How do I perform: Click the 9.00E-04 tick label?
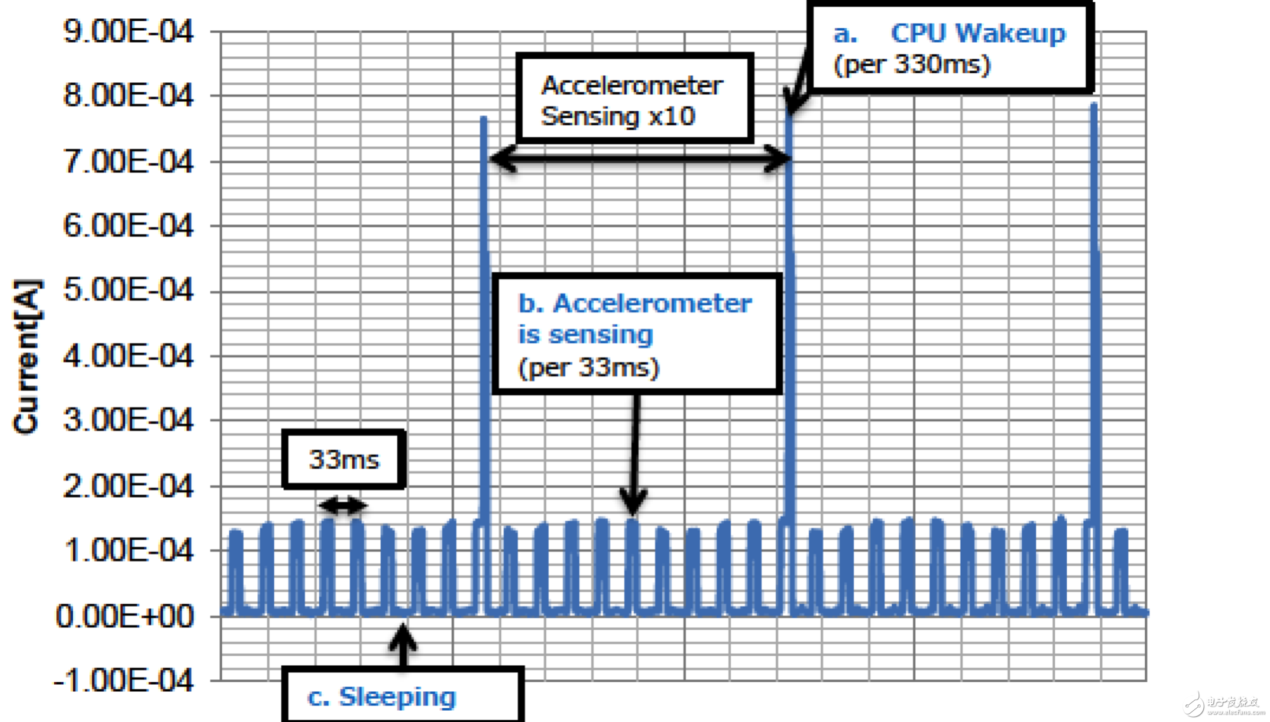click(x=128, y=31)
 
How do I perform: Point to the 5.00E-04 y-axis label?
click(x=128, y=291)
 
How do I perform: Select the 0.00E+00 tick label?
click(x=125, y=616)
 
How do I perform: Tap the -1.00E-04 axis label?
click(x=124, y=681)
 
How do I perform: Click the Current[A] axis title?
click(x=27, y=357)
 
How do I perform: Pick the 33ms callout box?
click(x=344, y=459)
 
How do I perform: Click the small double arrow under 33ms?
click(x=343, y=505)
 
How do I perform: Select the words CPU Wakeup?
click(x=978, y=33)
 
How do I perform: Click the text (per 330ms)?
click(x=912, y=64)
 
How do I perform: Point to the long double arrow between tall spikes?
click(x=640, y=159)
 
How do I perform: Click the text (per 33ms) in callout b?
click(x=588, y=368)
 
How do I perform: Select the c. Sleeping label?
click(x=382, y=697)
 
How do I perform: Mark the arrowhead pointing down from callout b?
click(x=633, y=503)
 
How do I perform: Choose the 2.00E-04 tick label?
click(x=128, y=486)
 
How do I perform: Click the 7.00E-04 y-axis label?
click(x=128, y=162)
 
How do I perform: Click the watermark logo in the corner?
click(x=1195, y=704)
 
